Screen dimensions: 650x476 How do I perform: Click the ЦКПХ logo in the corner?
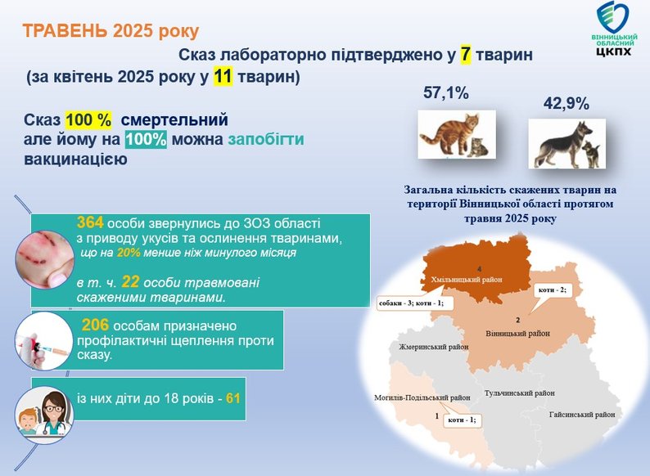click(614, 29)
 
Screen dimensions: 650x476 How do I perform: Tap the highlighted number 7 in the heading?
click(466, 55)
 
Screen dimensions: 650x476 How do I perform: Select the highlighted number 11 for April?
click(223, 77)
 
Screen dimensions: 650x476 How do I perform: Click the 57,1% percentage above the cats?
click(445, 92)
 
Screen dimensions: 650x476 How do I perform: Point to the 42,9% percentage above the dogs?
click(566, 104)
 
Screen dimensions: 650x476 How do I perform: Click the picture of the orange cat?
click(457, 134)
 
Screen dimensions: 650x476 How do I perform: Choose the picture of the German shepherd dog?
click(566, 144)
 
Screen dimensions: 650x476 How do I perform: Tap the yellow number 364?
click(90, 223)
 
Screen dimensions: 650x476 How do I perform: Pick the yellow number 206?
click(95, 326)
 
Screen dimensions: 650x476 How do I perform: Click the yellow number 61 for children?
click(233, 398)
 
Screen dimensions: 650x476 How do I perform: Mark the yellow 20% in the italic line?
click(129, 252)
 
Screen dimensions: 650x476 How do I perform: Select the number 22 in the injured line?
click(130, 282)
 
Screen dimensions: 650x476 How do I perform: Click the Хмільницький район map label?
click(467, 280)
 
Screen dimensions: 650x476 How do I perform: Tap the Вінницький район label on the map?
click(517, 334)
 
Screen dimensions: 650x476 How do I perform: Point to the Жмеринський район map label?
click(434, 347)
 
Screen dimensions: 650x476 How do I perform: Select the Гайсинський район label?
click(582, 415)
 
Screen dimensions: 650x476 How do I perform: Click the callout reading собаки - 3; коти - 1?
click(411, 303)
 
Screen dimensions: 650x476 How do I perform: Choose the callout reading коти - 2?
click(552, 290)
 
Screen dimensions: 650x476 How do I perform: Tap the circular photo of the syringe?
click(44, 341)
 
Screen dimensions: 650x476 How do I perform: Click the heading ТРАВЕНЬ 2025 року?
click(111, 31)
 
